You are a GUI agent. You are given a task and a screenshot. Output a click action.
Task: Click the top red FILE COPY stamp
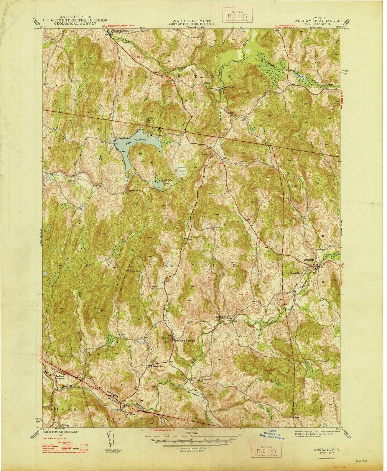(238, 17)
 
